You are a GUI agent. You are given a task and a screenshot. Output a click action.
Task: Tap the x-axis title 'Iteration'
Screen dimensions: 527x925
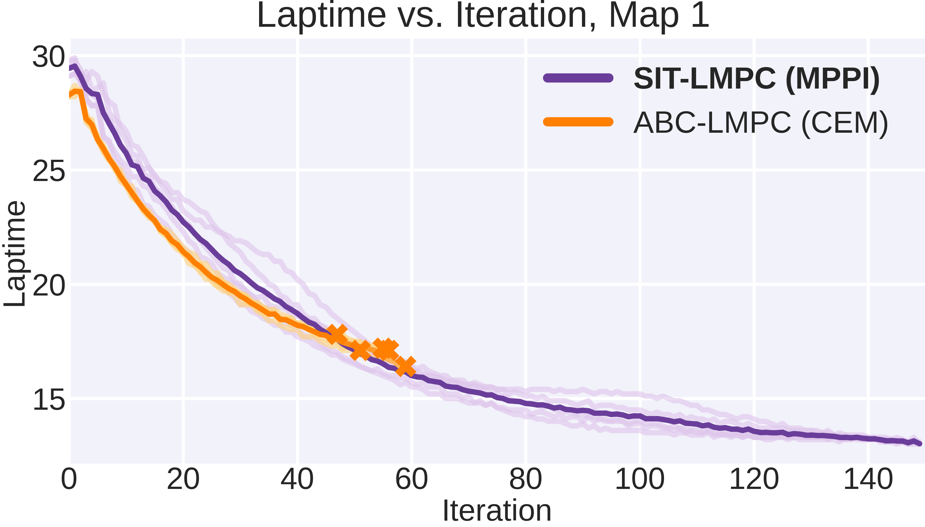[x=497, y=510]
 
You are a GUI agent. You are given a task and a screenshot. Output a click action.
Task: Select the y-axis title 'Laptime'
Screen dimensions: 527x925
[x=15, y=253]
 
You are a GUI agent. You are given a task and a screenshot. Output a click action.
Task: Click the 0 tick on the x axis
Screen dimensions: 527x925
[x=69, y=479]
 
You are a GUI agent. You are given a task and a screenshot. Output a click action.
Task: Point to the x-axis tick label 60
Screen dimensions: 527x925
[x=411, y=479]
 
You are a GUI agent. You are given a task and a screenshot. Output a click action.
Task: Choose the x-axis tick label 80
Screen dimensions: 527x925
[x=525, y=479]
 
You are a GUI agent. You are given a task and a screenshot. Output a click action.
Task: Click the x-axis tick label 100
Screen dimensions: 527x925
[x=639, y=479]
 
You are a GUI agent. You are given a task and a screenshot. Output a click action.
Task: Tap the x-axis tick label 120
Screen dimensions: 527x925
[x=754, y=479]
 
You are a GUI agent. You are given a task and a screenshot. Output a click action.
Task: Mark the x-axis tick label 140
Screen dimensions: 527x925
[x=868, y=479]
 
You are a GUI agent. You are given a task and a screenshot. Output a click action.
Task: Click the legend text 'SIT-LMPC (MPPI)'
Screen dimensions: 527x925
[x=757, y=79]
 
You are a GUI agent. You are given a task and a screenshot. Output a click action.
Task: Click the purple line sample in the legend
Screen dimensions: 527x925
[x=578, y=78]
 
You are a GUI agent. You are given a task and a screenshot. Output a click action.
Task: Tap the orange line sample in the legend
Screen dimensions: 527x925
[x=578, y=122]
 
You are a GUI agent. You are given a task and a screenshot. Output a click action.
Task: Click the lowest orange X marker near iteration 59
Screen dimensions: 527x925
[x=405, y=366]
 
